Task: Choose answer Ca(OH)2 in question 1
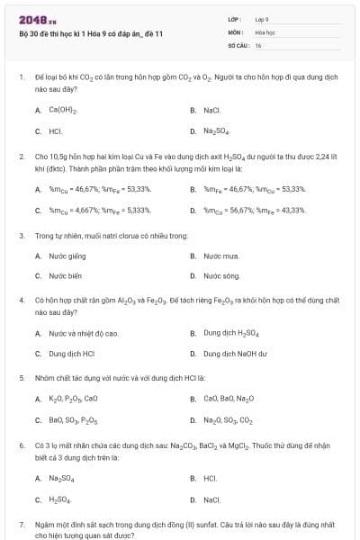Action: (x=62, y=111)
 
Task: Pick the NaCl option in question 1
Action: (x=211, y=111)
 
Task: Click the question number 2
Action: (x=22, y=156)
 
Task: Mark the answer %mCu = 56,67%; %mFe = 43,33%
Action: (x=255, y=210)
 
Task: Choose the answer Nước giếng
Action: (x=66, y=256)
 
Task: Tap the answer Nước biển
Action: (x=65, y=275)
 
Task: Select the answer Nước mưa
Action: (x=219, y=256)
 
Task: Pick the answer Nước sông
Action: (x=220, y=275)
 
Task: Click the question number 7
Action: (x=22, y=523)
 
